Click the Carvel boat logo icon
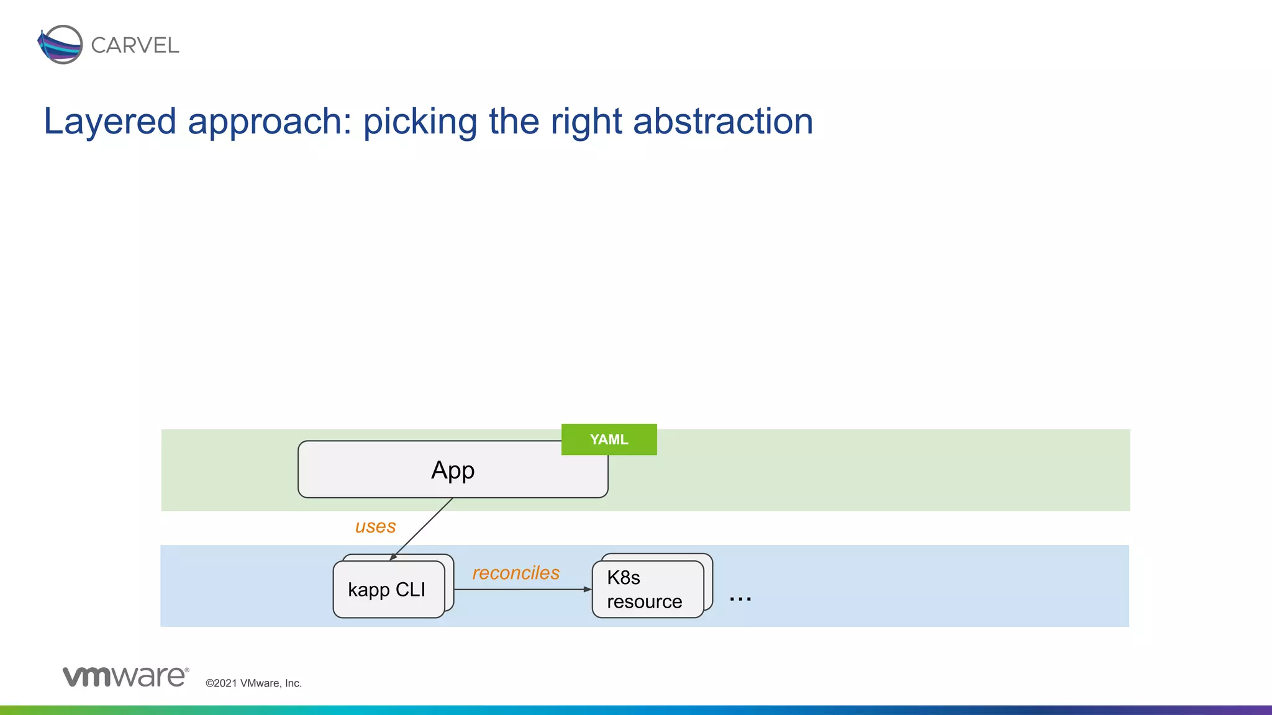point(60,45)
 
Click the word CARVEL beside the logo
point(135,45)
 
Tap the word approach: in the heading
point(270,121)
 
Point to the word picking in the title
point(420,121)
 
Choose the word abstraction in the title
point(723,121)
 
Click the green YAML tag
point(609,439)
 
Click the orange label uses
point(375,526)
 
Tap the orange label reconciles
point(516,573)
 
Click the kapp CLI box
point(388,589)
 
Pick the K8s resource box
point(647,589)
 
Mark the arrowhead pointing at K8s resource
point(588,589)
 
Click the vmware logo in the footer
point(125,676)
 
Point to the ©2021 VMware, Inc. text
point(253,683)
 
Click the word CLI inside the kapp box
point(410,589)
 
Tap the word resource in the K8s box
point(644,601)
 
